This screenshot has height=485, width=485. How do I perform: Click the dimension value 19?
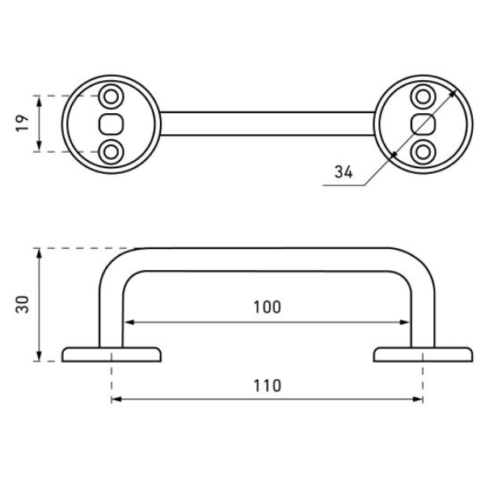pos(22,124)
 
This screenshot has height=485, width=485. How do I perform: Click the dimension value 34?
pos(344,172)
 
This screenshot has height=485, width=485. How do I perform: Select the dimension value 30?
pos(22,305)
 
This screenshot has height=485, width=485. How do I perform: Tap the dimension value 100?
pos(268,307)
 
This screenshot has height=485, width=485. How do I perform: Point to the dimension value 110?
pos(268,386)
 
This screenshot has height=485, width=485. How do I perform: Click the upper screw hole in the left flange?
pos(111,96)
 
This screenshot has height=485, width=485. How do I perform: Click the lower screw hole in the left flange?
pos(111,152)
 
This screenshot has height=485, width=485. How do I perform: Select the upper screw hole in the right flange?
pos(423,96)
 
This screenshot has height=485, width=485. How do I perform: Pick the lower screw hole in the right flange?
pos(423,152)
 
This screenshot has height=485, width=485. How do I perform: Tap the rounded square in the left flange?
pos(111,124)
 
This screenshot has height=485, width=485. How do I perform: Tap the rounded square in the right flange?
pos(423,124)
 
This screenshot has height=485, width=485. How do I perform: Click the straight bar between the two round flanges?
pos(268,124)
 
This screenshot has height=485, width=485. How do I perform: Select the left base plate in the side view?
pos(112,355)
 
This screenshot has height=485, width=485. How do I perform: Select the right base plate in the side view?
pos(423,355)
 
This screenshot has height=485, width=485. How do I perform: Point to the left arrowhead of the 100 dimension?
pos(129,323)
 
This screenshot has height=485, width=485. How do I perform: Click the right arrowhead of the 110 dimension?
pos(418,399)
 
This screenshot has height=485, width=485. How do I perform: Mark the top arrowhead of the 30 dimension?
pos(39,253)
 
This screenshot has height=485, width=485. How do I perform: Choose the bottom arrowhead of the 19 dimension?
pos(39,146)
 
